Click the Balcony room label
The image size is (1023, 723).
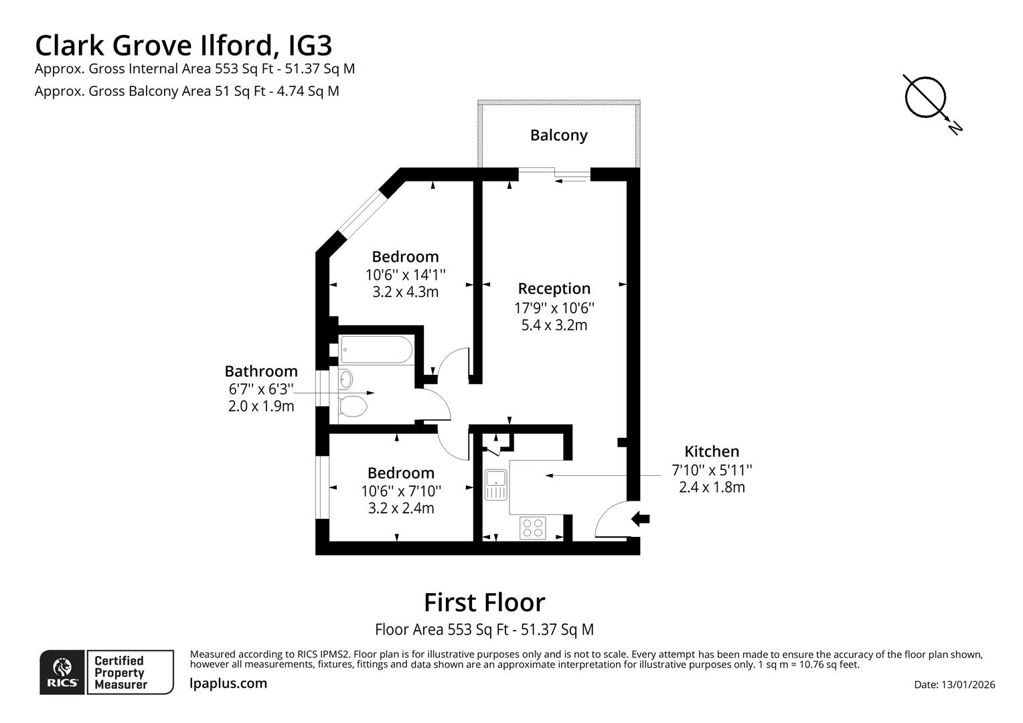pyautogui.click(x=558, y=135)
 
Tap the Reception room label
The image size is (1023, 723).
pyautogui.click(x=554, y=289)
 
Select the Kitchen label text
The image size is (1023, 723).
pyautogui.click(x=711, y=451)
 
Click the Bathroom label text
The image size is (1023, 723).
pyautogui.click(x=260, y=372)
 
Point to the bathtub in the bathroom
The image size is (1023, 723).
pyautogui.click(x=376, y=349)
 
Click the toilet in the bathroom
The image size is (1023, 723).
pyautogui.click(x=352, y=406)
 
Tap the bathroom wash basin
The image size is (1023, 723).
pyautogui.click(x=345, y=379)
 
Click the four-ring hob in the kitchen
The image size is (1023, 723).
pyautogui.click(x=533, y=528)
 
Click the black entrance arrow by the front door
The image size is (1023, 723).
pyautogui.click(x=640, y=518)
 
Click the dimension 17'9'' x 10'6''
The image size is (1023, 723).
pyautogui.click(x=554, y=308)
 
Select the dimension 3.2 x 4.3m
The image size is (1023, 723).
pyautogui.click(x=405, y=292)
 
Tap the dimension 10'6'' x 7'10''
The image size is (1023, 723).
pyautogui.click(x=400, y=491)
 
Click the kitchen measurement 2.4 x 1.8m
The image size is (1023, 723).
pyautogui.click(x=711, y=487)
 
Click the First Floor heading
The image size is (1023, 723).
pyautogui.click(x=484, y=602)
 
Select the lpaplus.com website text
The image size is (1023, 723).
pyautogui.click(x=228, y=684)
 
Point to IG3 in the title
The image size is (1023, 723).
pyautogui.click(x=309, y=46)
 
